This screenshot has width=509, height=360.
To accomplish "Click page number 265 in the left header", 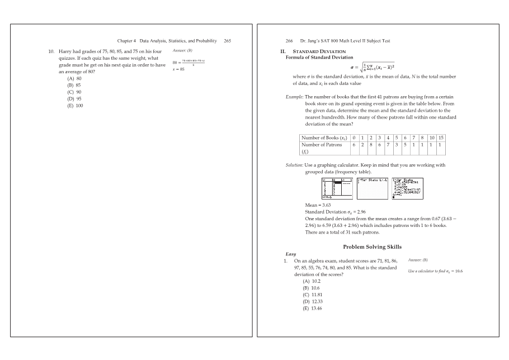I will point(227,41).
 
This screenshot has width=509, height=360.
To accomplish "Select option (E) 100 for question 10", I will point(75,105).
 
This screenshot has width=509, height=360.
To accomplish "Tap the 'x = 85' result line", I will point(178,69).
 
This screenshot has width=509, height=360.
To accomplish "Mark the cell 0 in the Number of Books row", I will point(354,138).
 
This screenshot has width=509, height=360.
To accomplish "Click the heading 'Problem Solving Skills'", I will point(371,247).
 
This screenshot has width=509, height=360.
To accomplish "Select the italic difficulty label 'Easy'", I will point(291,254).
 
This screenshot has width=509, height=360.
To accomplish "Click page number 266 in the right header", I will point(290,41).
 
